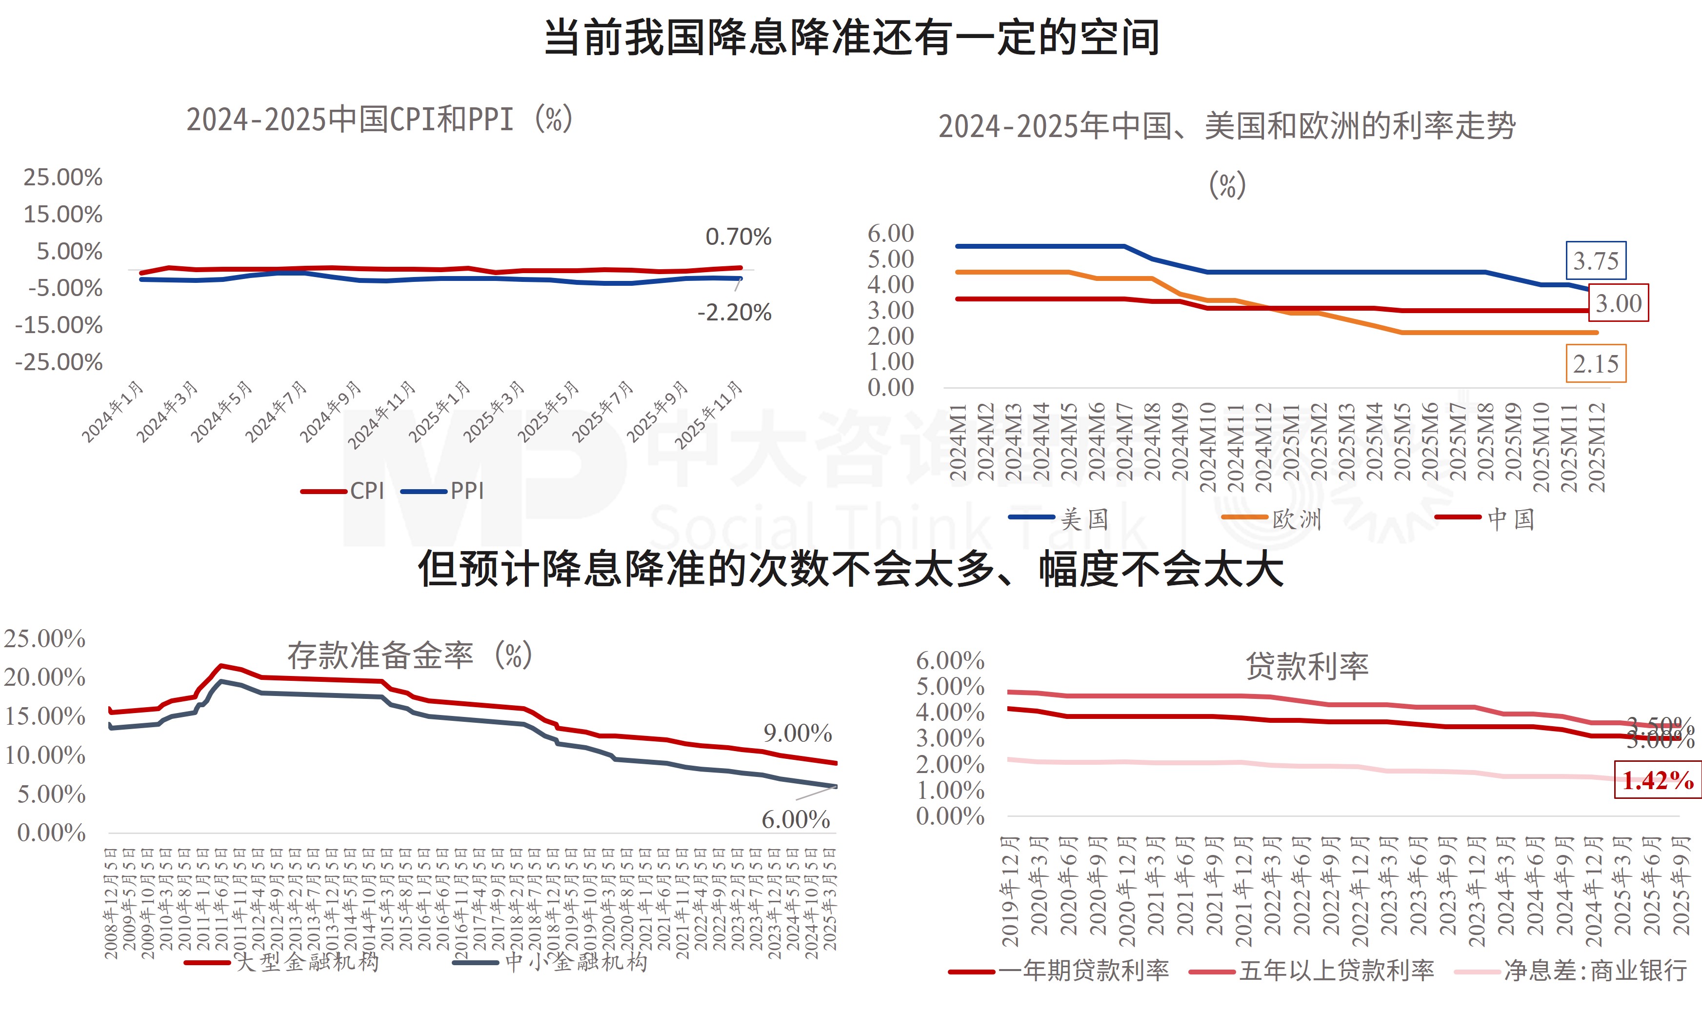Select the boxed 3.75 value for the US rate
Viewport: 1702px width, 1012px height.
(1595, 260)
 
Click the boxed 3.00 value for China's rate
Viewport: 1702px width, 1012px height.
(1618, 303)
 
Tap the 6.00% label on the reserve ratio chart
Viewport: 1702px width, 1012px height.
(795, 819)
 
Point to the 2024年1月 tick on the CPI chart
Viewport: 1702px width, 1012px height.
(113, 412)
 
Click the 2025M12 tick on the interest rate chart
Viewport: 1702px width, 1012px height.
(1596, 447)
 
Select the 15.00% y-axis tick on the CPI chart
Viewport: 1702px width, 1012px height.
(63, 214)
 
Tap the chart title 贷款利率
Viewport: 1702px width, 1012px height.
(1306, 666)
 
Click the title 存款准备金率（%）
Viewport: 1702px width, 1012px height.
(409, 655)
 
